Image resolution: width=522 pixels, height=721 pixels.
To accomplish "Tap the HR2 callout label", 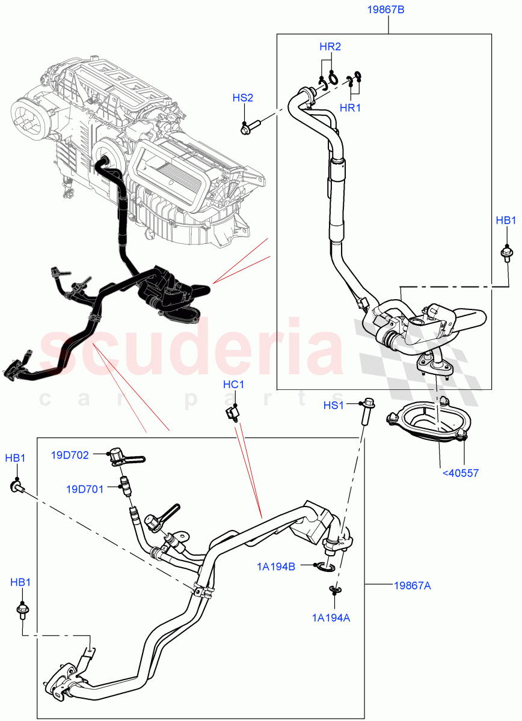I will point(330,46).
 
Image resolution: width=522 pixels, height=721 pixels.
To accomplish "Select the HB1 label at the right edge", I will point(506,221).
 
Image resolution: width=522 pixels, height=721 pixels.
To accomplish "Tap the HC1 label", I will point(233,385).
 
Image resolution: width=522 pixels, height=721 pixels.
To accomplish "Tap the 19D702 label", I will point(70,455).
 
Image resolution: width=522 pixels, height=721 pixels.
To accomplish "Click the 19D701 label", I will point(84,489).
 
